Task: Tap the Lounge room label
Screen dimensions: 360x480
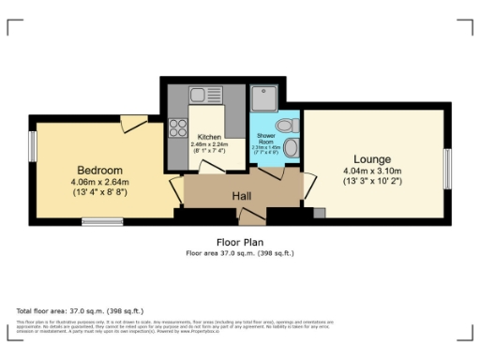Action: pos(372,158)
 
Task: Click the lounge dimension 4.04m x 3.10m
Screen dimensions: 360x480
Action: pos(372,171)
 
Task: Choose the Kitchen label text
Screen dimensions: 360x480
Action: pos(209,138)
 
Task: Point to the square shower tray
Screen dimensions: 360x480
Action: pos(262,97)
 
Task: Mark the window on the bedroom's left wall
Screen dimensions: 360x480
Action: pos(34,145)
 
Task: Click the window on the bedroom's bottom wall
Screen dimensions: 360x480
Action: pos(96,221)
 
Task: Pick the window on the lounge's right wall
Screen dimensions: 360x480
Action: pos(447,167)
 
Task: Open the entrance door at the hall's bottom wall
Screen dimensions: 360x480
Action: pos(250,217)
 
